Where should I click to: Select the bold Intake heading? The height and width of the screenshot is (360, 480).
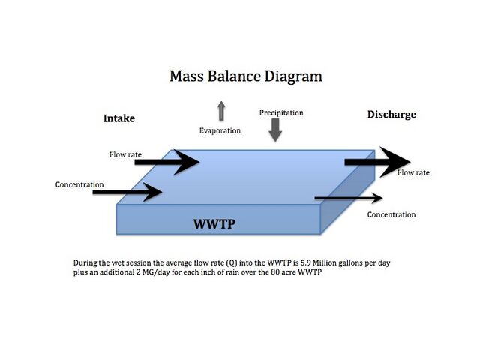coord(119,118)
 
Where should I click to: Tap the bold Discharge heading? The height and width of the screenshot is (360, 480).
coord(391,115)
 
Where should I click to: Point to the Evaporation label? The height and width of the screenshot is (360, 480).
coord(220,131)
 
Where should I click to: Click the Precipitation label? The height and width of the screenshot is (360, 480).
coord(281,113)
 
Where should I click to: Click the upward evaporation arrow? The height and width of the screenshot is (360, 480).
coord(221,110)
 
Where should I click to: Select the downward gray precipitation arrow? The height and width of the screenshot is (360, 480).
coord(275,130)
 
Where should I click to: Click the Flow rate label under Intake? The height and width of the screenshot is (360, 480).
coord(125,155)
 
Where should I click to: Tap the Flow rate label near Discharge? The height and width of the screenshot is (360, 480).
coord(413,173)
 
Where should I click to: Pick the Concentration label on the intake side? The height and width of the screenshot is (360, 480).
coord(79,185)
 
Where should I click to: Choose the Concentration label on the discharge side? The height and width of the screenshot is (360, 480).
coord(391,215)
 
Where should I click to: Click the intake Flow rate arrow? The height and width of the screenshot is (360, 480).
coord(167,162)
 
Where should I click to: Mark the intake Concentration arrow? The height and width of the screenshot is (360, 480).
coord(127,192)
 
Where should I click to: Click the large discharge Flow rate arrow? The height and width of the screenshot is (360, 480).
coord(377,162)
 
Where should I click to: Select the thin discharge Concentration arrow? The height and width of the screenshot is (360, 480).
coord(349,198)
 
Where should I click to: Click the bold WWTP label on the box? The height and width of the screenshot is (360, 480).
coord(214,224)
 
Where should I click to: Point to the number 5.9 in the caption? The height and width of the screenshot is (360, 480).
coord(305,263)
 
